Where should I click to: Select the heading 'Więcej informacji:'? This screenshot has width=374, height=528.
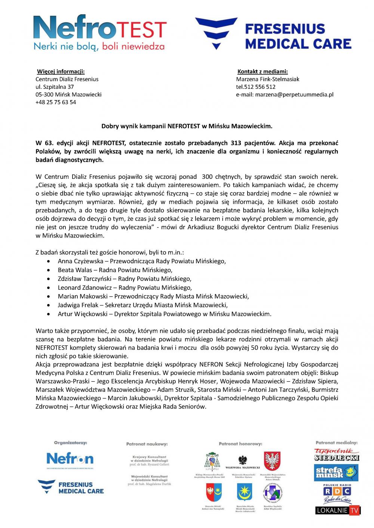click(61, 71)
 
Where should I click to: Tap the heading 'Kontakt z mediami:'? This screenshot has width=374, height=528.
click(263, 71)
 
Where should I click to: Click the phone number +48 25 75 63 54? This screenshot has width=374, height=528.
click(56, 102)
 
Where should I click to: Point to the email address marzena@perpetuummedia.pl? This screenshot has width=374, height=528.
click(294, 94)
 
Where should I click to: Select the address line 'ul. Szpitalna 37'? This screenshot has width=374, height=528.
click(55, 87)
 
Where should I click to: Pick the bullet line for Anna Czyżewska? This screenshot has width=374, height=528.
click(142, 261)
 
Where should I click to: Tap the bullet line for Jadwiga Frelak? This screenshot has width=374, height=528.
click(142, 305)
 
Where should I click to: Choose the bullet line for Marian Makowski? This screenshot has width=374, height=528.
click(153, 296)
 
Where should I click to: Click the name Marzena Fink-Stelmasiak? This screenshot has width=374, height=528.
click(267, 79)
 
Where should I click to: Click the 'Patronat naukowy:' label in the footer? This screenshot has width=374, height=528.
click(147, 444)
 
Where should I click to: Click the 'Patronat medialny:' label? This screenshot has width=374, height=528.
click(337, 442)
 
